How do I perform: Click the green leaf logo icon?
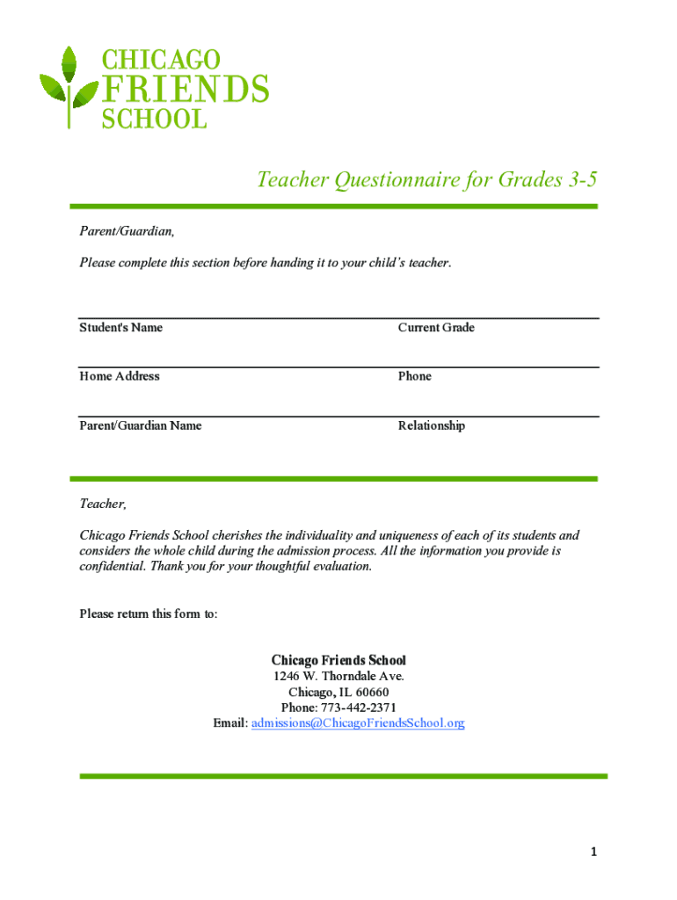pyautogui.click(x=69, y=88)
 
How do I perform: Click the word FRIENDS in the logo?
pyautogui.click(x=186, y=90)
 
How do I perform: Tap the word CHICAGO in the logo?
pyautogui.click(x=162, y=60)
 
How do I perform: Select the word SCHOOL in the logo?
pyautogui.click(x=155, y=119)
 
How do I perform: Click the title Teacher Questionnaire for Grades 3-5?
pyautogui.click(x=427, y=180)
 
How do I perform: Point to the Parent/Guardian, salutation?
pyautogui.click(x=127, y=231)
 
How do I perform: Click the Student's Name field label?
pyautogui.click(x=121, y=328)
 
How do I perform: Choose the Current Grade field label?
pyautogui.click(x=436, y=328)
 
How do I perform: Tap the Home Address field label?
pyautogui.click(x=120, y=376)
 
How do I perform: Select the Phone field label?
pyautogui.click(x=415, y=376)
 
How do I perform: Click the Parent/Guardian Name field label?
pyautogui.click(x=141, y=425)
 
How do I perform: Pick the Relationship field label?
pyautogui.click(x=432, y=425)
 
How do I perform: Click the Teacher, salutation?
pyautogui.click(x=103, y=504)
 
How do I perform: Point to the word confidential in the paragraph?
pyautogui.click(x=113, y=567)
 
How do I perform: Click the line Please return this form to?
pyautogui.click(x=149, y=613)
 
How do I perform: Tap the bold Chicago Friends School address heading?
pyautogui.click(x=338, y=660)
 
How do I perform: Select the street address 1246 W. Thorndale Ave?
pyautogui.click(x=338, y=677)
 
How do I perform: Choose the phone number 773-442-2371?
pyautogui.click(x=358, y=708)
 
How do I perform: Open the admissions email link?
pyautogui.click(x=358, y=723)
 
